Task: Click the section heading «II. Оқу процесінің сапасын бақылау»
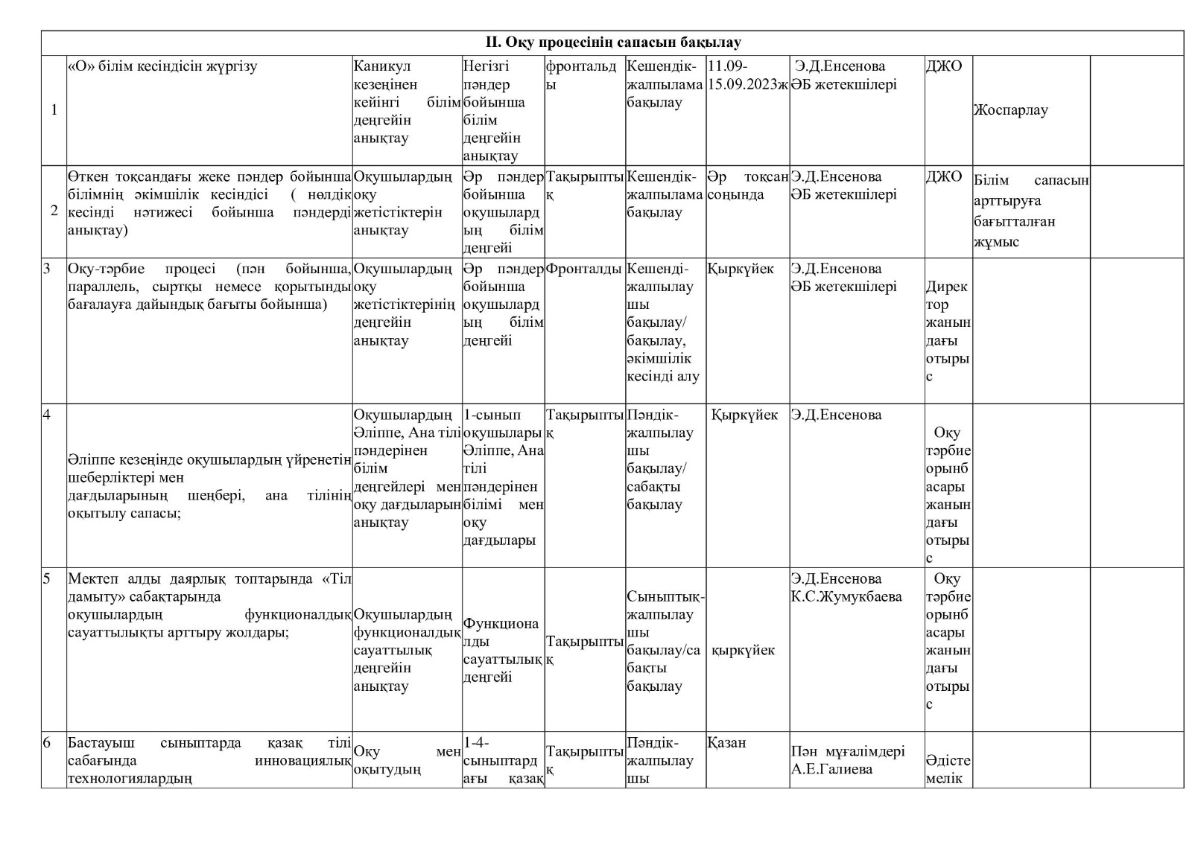(x=612, y=42)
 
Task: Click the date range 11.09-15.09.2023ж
(x=747, y=74)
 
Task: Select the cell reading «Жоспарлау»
(x=1009, y=110)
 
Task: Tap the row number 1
(x=54, y=110)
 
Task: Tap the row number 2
(x=54, y=211)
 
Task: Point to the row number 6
(x=47, y=742)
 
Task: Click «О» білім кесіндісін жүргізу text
(x=162, y=66)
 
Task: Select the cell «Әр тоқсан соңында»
(x=747, y=185)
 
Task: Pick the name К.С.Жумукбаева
(x=846, y=596)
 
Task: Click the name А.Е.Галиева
(x=831, y=769)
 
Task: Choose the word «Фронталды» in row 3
(x=583, y=269)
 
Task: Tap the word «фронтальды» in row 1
(x=582, y=74)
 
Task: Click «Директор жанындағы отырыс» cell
(x=948, y=331)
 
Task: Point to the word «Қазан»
(x=726, y=742)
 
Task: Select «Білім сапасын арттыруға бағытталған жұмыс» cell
(x=1030, y=211)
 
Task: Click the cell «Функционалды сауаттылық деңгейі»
(x=502, y=650)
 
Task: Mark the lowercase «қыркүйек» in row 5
(x=743, y=650)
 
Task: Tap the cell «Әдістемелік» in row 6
(x=948, y=769)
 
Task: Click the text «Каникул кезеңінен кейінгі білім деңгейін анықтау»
(x=406, y=102)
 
